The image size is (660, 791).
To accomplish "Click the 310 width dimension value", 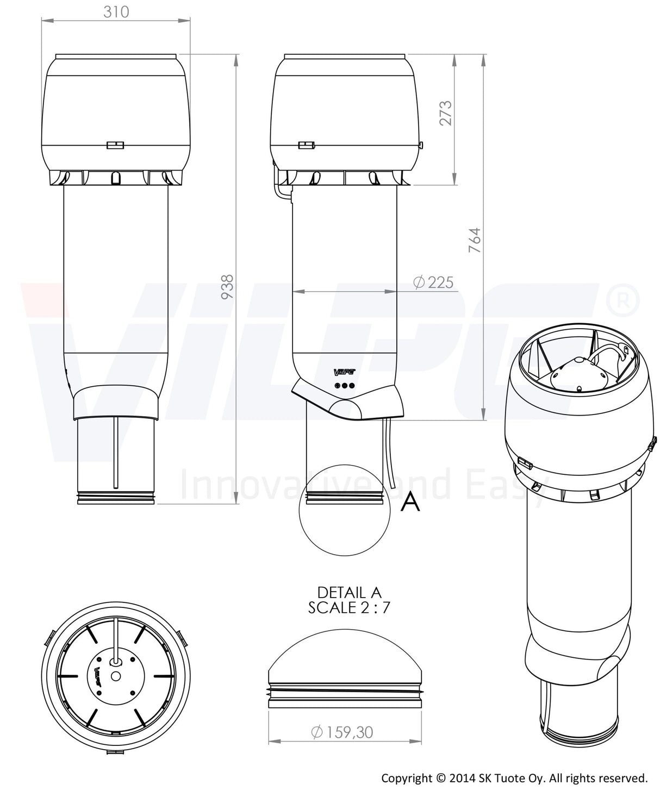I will coord(116,11).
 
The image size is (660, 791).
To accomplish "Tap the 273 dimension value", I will coord(446,112).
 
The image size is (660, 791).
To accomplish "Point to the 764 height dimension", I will coord(475,240).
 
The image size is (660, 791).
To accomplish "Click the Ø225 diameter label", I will coord(433,282).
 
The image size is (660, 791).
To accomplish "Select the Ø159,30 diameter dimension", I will coord(342,732).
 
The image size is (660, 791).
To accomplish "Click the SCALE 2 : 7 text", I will coord(349,607).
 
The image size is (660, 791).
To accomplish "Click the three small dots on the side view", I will coord(345,386).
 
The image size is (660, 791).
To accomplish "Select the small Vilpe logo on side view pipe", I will coord(344,372).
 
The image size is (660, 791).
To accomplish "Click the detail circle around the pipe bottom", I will coord(345,510).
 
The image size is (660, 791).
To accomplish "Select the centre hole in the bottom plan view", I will coord(115,676).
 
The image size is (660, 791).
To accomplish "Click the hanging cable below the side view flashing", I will coord(390,445).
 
